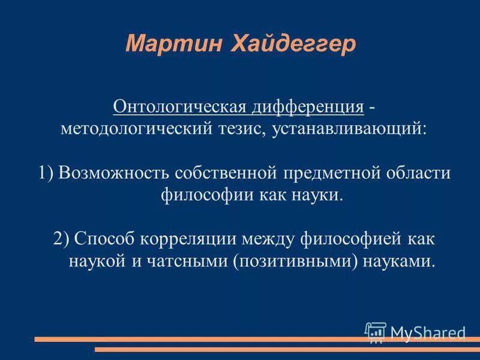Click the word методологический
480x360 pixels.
137,129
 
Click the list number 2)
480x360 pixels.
62,239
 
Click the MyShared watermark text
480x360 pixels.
427,332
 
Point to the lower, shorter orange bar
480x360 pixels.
288,349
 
